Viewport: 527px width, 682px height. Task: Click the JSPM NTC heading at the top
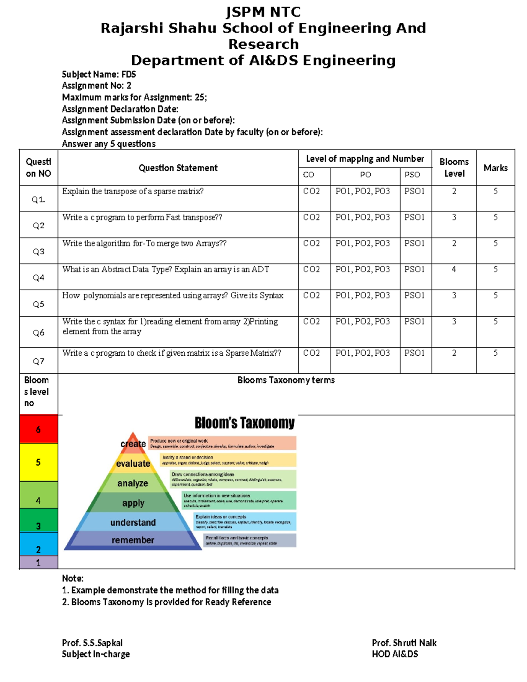[x=263, y=12]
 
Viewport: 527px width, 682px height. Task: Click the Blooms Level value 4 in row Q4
[x=454, y=269]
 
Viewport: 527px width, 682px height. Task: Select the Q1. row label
[x=38, y=199]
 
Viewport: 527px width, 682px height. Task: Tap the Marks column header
[x=495, y=168]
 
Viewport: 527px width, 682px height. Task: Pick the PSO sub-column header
[x=412, y=175]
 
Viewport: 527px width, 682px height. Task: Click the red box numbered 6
[x=38, y=429]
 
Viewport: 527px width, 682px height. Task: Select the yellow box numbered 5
[x=38, y=462]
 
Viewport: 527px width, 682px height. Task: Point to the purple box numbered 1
[x=38, y=563]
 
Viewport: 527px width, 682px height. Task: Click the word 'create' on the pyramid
[x=133, y=444]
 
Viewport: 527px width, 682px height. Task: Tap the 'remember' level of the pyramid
[x=133, y=540]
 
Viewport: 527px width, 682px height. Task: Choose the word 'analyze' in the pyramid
[x=133, y=483]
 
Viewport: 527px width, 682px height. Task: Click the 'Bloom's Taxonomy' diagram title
[x=245, y=423]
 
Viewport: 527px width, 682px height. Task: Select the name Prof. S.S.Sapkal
[x=92, y=643]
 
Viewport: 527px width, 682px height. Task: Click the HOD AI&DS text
[x=395, y=654]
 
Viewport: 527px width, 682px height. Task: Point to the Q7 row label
[x=39, y=361]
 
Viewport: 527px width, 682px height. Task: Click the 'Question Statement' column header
[x=178, y=168]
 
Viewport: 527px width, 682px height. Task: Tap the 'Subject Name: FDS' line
[x=99, y=74]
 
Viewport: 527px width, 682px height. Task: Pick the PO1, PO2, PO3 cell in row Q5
[x=362, y=296]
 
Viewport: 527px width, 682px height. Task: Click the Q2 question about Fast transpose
[x=142, y=217]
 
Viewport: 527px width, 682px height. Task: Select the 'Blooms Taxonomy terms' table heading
[x=286, y=380]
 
